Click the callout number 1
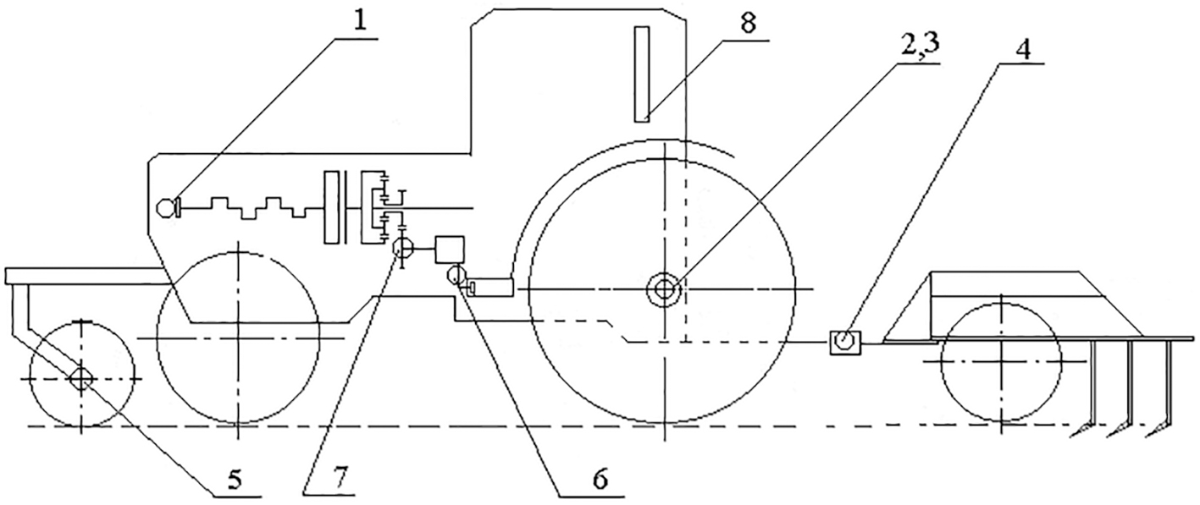pyautogui.click(x=361, y=23)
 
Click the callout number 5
pyautogui.click(x=235, y=479)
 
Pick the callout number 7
pyautogui.click(x=341, y=475)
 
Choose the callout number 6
pyautogui.click(x=600, y=479)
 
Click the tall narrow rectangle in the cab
pyautogui.click(x=642, y=74)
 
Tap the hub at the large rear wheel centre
pyautogui.click(x=664, y=289)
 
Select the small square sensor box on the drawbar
pyautogui.click(x=845, y=342)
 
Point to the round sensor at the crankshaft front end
pyautogui.click(x=167, y=207)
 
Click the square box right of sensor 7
pyautogui.click(x=450, y=250)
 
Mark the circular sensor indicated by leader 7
pyautogui.click(x=403, y=248)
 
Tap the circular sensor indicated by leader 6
pyautogui.click(x=456, y=276)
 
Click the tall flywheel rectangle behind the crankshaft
pyautogui.click(x=332, y=207)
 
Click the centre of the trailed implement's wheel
pyautogui.click(x=1001, y=362)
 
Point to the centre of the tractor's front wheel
pyautogui.click(x=238, y=338)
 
